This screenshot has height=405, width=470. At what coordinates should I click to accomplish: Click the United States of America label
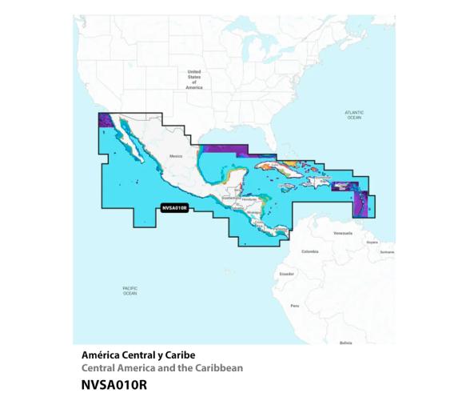click(x=194, y=79)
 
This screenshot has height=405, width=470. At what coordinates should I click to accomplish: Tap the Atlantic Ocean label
click(x=354, y=115)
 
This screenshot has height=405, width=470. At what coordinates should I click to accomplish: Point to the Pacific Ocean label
click(x=129, y=291)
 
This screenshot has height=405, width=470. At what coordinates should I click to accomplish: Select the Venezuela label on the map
click(x=343, y=233)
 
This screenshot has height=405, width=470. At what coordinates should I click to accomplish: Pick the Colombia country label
click(x=309, y=251)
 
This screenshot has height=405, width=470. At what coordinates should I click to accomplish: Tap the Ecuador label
click(x=286, y=274)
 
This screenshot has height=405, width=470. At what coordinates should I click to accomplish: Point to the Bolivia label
click(x=345, y=342)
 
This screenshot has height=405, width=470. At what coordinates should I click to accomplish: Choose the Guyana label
click(x=372, y=242)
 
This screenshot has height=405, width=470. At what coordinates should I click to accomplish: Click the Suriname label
click(x=388, y=251)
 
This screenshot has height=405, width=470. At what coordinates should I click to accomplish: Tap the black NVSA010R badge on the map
click(x=174, y=207)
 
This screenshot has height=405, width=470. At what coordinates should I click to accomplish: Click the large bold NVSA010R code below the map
click(x=114, y=384)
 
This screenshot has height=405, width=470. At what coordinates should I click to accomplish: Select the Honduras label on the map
click(x=249, y=198)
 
